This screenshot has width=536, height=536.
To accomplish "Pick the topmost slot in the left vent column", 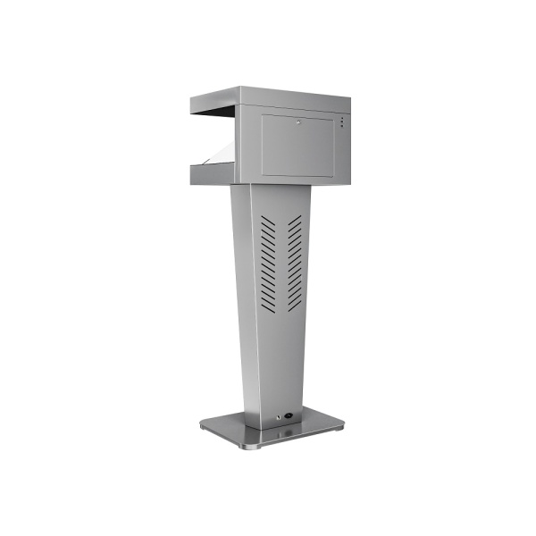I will click(x=267, y=219).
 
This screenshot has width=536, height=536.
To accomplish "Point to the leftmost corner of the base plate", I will click(x=201, y=426).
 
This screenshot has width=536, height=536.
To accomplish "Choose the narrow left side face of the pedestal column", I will click(x=241, y=295).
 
